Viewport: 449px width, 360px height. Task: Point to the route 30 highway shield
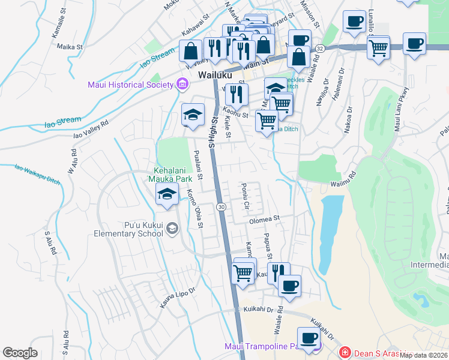(x=221, y=207)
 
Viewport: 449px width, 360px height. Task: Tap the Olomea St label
(x=265, y=219)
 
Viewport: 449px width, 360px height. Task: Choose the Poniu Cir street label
(x=246, y=197)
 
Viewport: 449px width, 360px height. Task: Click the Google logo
(x=20, y=353)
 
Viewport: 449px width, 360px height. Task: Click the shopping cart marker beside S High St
(x=244, y=272)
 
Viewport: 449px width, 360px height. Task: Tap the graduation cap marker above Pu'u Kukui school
(x=167, y=193)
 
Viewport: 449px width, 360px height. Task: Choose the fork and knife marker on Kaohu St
(x=237, y=94)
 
